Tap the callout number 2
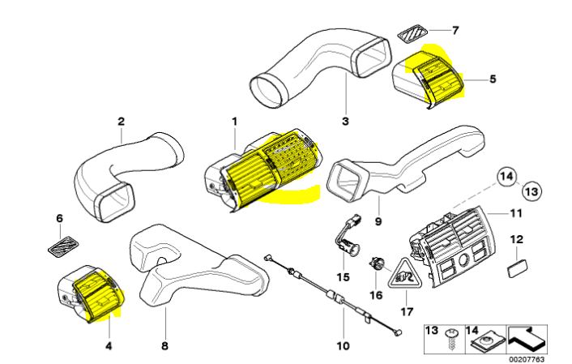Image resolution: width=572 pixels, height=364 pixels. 121,122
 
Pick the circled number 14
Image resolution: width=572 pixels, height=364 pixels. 506,176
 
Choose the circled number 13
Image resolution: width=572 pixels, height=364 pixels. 530,191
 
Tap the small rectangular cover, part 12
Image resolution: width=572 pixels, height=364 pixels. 515,268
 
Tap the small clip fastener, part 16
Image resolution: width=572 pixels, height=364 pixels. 375,263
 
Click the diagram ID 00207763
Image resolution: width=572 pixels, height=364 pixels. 527,357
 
